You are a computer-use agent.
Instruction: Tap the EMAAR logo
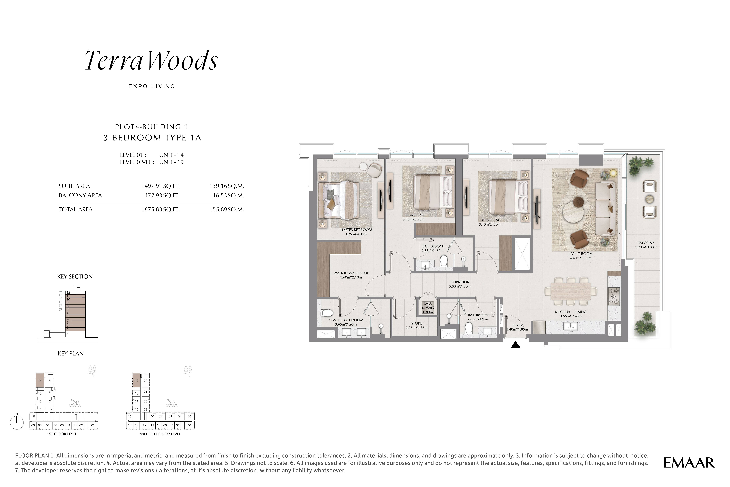click(689, 463)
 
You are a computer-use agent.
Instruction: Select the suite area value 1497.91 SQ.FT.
click(160, 186)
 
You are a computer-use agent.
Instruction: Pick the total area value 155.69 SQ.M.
click(226, 209)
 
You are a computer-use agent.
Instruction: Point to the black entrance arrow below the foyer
click(515, 345)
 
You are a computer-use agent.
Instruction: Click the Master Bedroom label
click(356, 230)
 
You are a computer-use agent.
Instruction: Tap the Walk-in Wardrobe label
click(351, 273)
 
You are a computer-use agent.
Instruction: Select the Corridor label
click(460, 282)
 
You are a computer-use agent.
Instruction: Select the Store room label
click(417, 323)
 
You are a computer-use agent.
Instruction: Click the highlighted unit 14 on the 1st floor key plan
click(40, 380)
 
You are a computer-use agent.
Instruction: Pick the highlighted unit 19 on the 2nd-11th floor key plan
click(136, 380)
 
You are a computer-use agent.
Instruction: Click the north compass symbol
click(17, 422)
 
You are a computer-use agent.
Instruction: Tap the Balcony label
click(646, 243)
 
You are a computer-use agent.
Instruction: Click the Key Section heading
click(75, 276)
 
